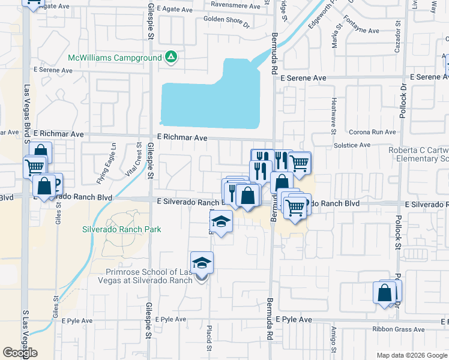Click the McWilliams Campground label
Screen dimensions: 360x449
click(x=115, y=58)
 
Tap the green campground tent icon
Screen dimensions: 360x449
click(x=171, y=58)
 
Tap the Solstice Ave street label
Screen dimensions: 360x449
click(x=351, y=145)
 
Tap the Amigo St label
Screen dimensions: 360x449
click(x=334, y=339)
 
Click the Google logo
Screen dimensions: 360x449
click(x=20, y=352)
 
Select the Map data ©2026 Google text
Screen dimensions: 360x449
click(x=412, y=355)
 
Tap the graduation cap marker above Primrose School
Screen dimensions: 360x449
click(x=202, y=263)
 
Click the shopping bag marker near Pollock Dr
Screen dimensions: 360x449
click(x=385, y=293)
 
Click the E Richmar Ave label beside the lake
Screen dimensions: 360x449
click(x=182, y=137)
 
